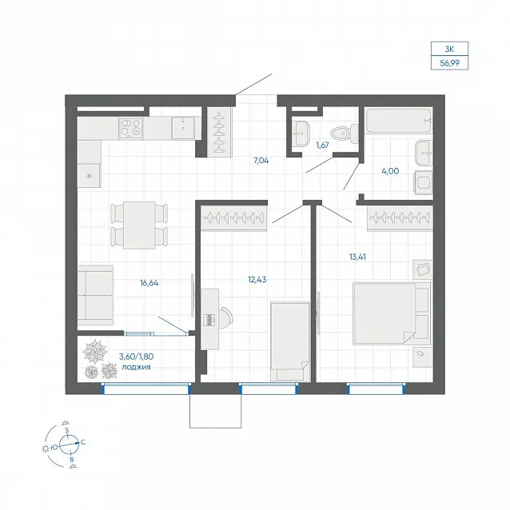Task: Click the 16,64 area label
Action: (x=149, y=283)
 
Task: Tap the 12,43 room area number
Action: (x=257, y=280)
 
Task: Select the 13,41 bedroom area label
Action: (x=357, y=257)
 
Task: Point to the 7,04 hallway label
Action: (x=261, y=161)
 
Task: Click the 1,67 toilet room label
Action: (x=322, y=145)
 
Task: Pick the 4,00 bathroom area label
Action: (x=390, y=171)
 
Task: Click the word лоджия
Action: (x=136, y=367)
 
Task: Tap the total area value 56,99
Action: (x=450, y=63)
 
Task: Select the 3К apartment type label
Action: (x=449, y=49)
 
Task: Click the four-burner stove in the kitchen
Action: (x=131, y=128)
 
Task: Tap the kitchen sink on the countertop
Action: (x=183, y=128)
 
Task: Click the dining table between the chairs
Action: (x=139, y=225)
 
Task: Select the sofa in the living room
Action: (x=96, y=295)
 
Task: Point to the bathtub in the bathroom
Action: (x=399, y=121)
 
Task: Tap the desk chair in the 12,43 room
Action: (x=226, y=316)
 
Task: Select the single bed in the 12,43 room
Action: (x=290, y=341)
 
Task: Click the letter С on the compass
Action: (x=83, y=442)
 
